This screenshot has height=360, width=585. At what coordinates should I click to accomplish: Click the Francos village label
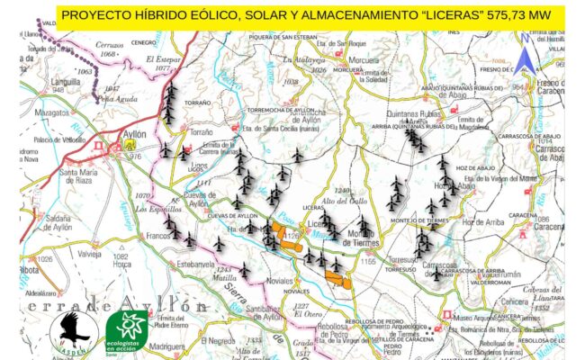click(x=158, y=235)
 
